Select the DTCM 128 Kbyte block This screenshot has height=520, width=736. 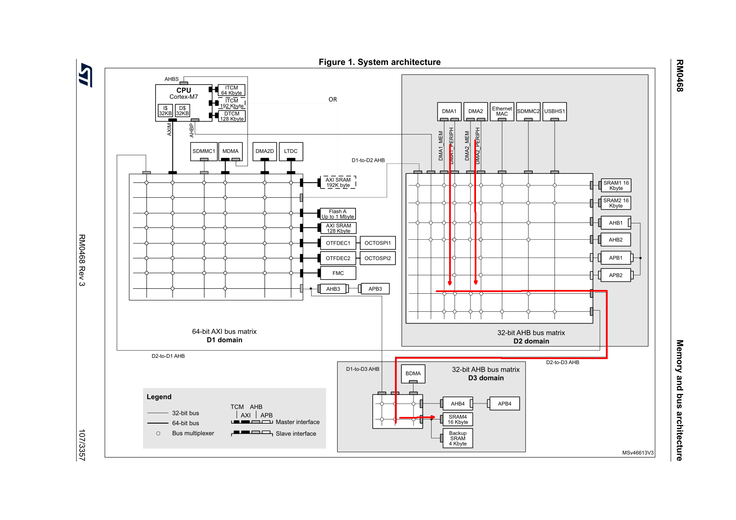pos(231,116)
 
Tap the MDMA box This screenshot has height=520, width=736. pos(230,151)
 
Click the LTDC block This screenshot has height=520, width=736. pos(291,151)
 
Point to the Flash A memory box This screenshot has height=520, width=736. pos(338,214)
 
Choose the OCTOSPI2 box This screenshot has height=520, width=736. pos(377,258)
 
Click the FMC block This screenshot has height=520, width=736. pos(338,273)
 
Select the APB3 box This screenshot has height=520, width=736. pos(375,289)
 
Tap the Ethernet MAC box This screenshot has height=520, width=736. pos(502,111)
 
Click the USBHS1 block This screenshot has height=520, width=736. pos(554,111)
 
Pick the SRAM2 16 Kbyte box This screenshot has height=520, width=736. pos(616,203)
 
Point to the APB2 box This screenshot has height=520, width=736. pos(615,275)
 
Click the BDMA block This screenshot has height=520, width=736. pos(413,373)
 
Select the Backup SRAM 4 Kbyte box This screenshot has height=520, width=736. pos(458,438)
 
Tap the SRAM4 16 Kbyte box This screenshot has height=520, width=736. pos(458,419)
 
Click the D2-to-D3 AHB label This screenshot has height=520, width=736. pos(562,362)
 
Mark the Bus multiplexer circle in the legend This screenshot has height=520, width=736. pos(158,433)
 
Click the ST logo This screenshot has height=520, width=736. pos(86,75)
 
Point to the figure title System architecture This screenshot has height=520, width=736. pos(380,62)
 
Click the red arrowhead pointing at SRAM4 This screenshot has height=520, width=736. pos(432,417)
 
